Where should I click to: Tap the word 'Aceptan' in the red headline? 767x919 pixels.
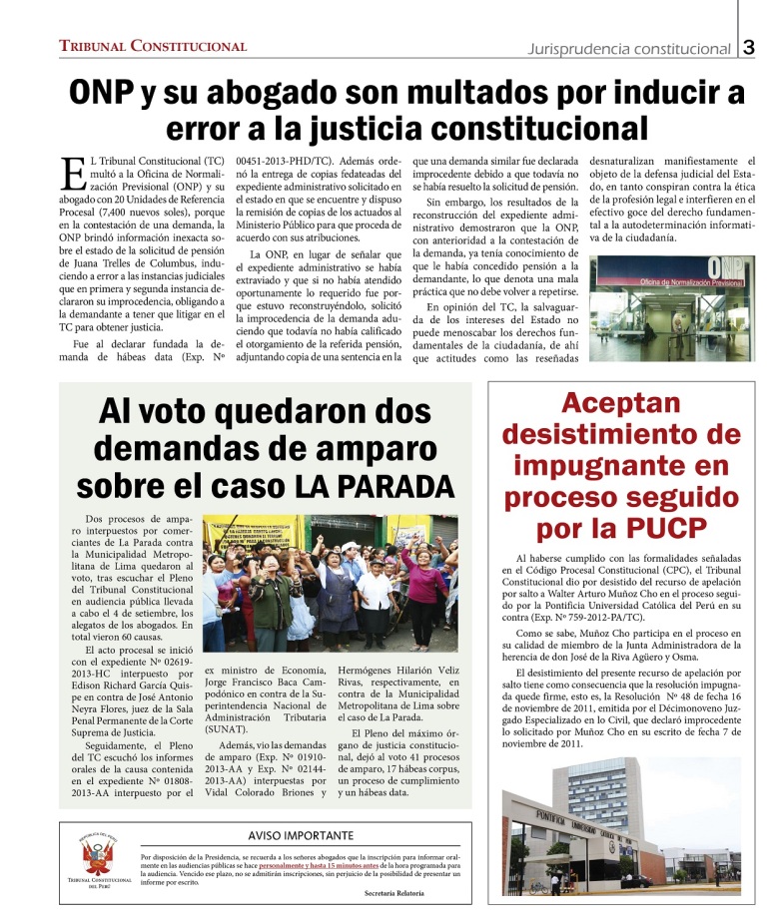[620, 404]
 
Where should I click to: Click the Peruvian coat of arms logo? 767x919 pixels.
[100, 858]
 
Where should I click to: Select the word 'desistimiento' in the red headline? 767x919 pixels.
[620, 435]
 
